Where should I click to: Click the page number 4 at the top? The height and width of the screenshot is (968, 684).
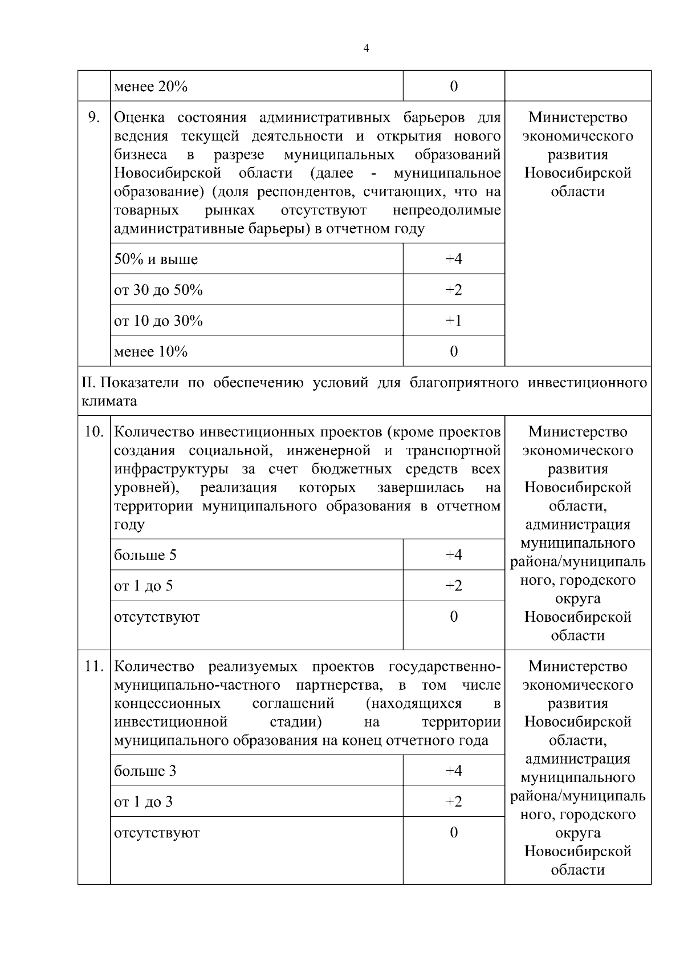click(x=366, y=48)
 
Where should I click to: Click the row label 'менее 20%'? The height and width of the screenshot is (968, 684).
click(x=150, y=87)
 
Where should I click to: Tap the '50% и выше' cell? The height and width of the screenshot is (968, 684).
click(x=156, y=260)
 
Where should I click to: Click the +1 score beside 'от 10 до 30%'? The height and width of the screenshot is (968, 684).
click(x=453, y=321)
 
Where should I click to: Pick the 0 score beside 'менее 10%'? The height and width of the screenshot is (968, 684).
click(x=454, y=351)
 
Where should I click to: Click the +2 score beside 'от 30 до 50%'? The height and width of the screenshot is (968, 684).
click(x=453, y=290)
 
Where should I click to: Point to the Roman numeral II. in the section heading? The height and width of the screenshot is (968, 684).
click(x=89, y=382)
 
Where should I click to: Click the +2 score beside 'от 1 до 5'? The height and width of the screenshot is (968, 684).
click(x=453, y=586)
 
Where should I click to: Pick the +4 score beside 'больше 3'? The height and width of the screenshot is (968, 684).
click(x=453, y=771)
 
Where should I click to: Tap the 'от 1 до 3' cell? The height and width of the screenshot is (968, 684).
click(x=143, y=802)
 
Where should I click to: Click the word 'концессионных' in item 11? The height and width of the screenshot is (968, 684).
click(x=168, y=703)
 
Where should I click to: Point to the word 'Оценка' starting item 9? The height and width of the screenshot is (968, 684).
click(x=140, y=118)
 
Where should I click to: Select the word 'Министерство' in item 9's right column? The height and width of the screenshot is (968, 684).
click(x=577, y=118)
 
